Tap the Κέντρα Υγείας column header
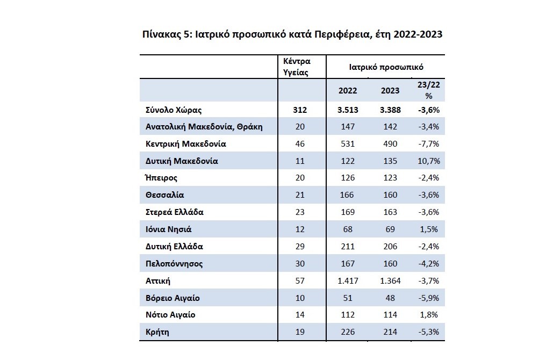296,67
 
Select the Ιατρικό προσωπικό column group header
386,67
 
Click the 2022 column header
348,90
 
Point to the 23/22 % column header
429,90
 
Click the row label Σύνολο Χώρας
174,110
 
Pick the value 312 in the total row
300,110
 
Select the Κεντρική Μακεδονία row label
185,144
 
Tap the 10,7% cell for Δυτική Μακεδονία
429,161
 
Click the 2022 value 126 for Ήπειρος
348,177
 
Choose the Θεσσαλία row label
164,195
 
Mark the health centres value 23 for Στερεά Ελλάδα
300,212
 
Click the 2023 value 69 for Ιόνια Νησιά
390,229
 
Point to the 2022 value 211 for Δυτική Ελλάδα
348,247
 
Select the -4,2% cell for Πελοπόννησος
429,264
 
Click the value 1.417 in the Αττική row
348,280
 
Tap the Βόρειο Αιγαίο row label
173,298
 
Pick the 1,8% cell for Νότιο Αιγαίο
429,315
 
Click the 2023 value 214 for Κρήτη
390,332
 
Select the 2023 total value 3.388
390,110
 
